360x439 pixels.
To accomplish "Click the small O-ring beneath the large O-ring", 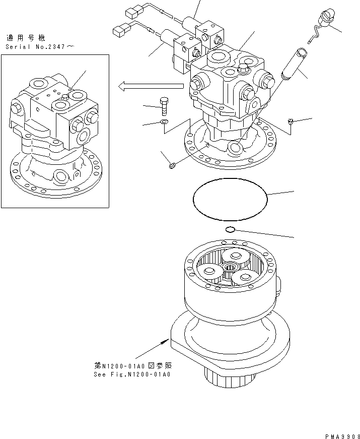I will pos(230,230).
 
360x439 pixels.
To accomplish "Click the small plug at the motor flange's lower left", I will pos(171,164).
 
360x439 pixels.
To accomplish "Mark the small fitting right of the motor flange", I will pos(292,121).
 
